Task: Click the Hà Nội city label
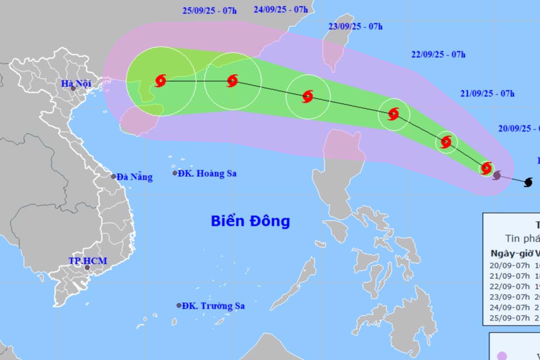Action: (x=76, y=83)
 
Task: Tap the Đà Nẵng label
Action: (x=134, y=177)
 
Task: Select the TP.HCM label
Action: (x=88, y=261)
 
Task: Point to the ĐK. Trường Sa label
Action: (x=212, y=306)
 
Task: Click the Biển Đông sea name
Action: (x=250, y=221)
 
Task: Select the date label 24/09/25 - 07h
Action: (x=281, y=9)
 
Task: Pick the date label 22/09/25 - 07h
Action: (x=438, y=55)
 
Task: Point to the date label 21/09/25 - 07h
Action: (x=487, y=93)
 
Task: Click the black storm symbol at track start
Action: (x=528, y=183)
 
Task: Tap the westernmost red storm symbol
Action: (x=161, y=81)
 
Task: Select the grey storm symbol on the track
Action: (x=497, y=174)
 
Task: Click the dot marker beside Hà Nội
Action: (x=73, y=89)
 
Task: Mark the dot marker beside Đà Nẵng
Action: (x=113, y=176)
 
